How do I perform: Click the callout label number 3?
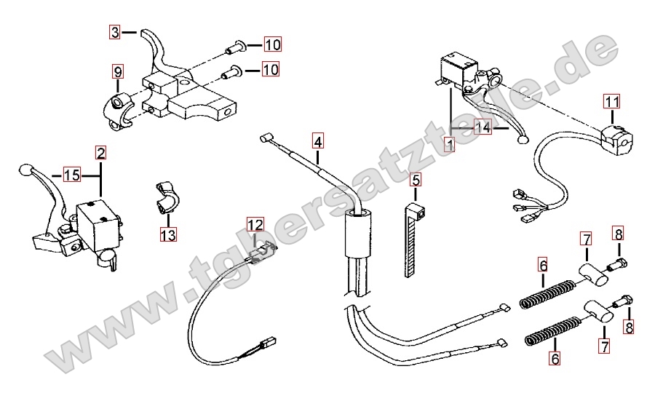(x=115, y=31)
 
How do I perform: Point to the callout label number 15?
(x=71, y=175)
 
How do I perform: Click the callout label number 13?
(x=168, y=234)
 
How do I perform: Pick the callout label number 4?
(x=317, y=139)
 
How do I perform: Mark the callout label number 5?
(x=416, y=179)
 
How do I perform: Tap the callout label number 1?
(x=450, y=145)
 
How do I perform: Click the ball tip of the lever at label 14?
(x=522, y=140)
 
